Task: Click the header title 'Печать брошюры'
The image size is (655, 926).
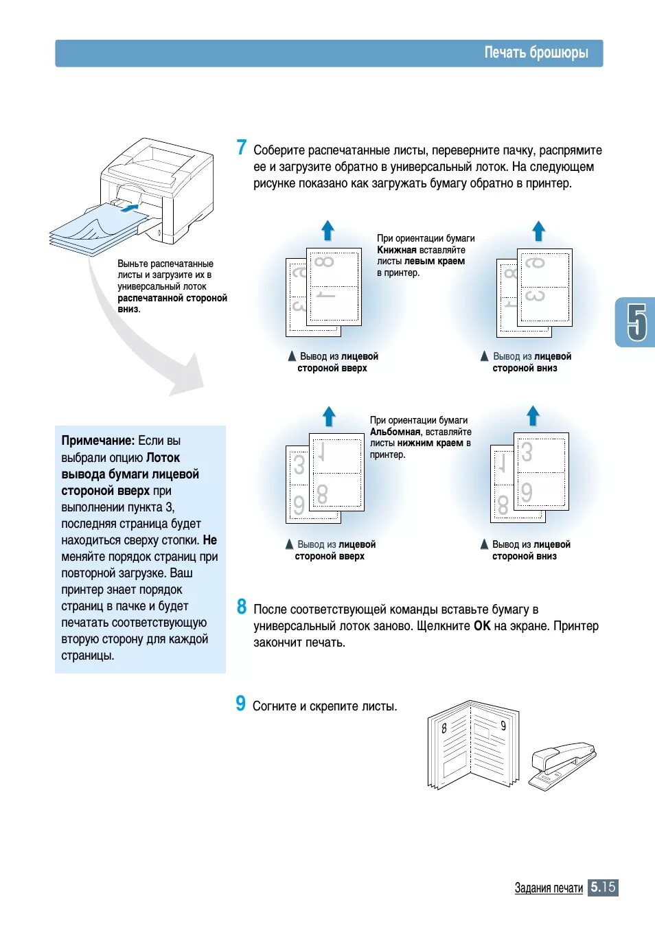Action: click(536, 53)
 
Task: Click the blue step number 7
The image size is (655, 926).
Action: click(241, 148)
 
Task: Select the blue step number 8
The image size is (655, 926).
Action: click(242, 607)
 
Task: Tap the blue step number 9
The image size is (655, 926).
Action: click(240, 704)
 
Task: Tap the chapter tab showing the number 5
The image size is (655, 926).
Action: click(636, 322)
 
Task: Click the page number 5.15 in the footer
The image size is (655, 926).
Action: click(603, 887)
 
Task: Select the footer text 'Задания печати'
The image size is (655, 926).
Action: click(549, 888)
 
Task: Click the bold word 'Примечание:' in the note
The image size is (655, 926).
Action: click(97, 441)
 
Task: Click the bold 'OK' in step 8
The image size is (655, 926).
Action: click(482, 626)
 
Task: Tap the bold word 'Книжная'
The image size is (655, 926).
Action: click(396, 251)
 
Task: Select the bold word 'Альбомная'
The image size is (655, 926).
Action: click(395, 432)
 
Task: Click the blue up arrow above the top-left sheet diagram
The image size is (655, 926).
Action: click(328, 230)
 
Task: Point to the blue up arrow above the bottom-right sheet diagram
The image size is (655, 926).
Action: click(533, 415)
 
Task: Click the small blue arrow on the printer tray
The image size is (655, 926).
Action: click(128, 207)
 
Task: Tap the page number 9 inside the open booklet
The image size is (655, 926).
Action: click(503, 726)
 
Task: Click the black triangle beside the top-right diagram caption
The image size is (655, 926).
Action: click(484, 356)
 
